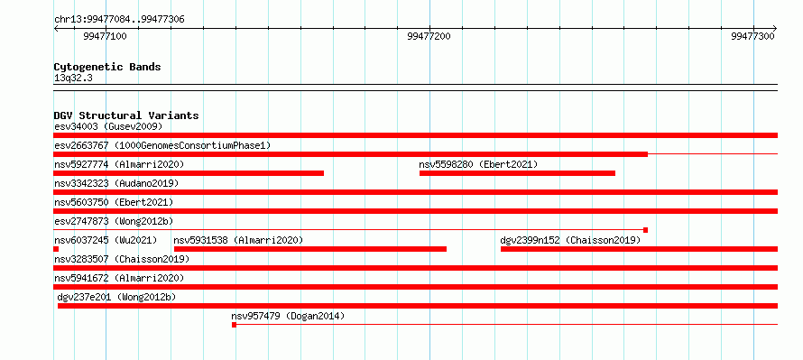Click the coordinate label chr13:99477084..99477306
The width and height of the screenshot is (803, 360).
[119, 20]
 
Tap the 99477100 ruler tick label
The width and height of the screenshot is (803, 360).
[105, 36]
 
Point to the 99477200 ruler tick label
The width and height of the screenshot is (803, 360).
[429, 36]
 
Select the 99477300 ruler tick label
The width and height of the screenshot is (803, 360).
[753, 36]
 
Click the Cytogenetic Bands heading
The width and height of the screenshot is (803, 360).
[107, 67]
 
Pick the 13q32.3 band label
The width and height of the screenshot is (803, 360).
[73, 78]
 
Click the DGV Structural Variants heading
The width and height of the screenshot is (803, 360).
[126, 115]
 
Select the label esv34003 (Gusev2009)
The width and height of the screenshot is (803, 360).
[108, 126]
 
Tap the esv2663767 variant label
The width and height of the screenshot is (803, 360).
[81, 145]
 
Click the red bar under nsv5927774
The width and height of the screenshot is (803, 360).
[189, 173]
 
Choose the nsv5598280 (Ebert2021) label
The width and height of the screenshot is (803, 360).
[478, 164]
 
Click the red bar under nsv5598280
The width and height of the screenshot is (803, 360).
[517, 173]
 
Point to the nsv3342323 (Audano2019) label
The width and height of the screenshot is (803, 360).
[116, 183]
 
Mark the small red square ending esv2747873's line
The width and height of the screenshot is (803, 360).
[645, 230]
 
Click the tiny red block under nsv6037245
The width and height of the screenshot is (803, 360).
[56, 249]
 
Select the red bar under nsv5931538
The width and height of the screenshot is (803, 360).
[310, 249]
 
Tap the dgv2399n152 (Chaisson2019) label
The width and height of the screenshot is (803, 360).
[570, 240]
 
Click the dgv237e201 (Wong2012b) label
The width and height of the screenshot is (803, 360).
[116, 297]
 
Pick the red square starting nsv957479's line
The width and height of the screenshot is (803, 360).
[234, 325]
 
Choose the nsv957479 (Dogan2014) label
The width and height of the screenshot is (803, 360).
[288, 316]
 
